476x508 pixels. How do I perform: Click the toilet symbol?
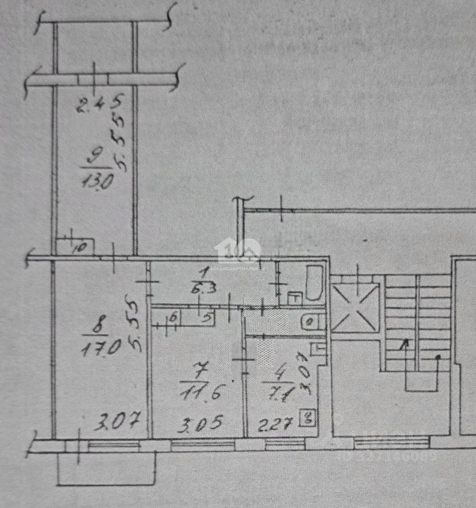pyautogui.click(x=310, y=321)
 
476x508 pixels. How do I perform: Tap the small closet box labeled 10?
pyautogui.click(x=76, y=247)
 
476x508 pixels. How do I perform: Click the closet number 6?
pyautogui.click(x=174, y=319)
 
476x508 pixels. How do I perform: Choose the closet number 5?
pyautogui.click(x=208, y=318)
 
